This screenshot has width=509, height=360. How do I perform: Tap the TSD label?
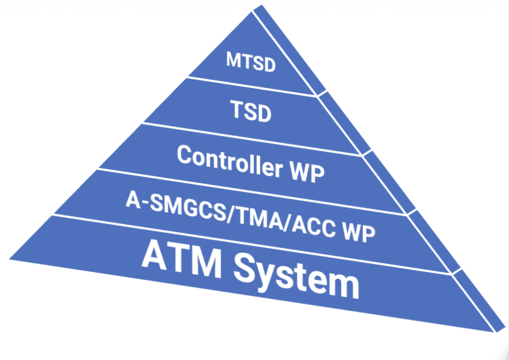[252, 111]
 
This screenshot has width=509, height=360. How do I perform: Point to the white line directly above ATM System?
[249, 243]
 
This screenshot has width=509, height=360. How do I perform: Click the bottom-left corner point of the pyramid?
[10, 258]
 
